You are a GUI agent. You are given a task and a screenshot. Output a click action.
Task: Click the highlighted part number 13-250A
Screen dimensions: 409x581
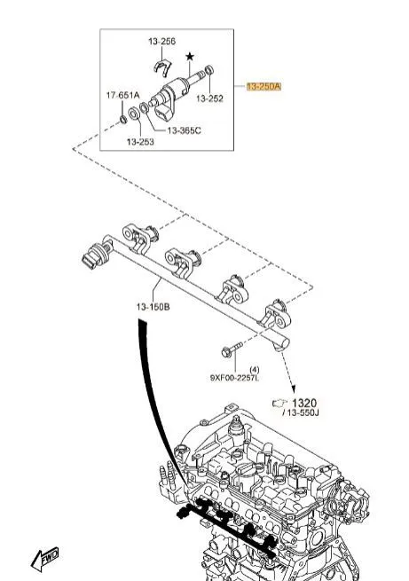tap(263, 87)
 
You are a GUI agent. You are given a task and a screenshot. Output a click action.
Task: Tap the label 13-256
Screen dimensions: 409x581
tap(161, 41)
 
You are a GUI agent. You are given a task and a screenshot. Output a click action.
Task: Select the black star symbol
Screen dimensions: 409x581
tap(190, 57)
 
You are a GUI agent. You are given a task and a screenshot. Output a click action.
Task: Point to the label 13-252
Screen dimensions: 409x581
tap(209, 98)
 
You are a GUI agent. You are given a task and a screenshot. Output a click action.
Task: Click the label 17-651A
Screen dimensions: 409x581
tap(123, 95)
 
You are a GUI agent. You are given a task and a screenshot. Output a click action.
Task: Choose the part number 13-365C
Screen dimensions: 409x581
tap(185, 130)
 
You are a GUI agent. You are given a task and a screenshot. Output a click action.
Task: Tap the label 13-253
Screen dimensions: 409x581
tap(140, 142)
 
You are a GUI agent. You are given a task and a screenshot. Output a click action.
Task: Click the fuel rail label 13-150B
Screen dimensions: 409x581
tap(153, 307)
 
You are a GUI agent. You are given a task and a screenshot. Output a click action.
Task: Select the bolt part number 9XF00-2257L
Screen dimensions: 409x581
tap(234, 378)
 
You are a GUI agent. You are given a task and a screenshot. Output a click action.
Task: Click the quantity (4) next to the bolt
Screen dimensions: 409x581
tap(255, 370)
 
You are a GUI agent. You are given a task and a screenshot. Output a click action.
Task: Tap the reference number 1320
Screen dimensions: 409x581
tap(304, 403)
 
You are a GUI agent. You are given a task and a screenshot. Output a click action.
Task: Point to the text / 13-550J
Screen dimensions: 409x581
tap(301, 412)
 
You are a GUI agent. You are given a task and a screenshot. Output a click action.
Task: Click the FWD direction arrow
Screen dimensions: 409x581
tap(45, 559)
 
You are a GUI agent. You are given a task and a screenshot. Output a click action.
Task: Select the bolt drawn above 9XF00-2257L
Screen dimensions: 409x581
tap(232, 349)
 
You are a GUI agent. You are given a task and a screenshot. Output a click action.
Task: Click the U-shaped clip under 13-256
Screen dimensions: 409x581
tap(162, 67)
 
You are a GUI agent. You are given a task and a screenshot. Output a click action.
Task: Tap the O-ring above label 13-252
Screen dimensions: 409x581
tap(209, 70)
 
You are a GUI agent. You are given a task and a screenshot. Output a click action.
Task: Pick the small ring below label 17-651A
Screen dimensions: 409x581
tap(122, 120)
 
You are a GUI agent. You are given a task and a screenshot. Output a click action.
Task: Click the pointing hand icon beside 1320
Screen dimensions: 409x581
tap(279, 403)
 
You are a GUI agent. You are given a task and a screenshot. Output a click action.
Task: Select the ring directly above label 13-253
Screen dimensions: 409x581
tap(134, 114)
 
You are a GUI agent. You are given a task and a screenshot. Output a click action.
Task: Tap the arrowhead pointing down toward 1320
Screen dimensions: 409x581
tap(294, 389)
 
